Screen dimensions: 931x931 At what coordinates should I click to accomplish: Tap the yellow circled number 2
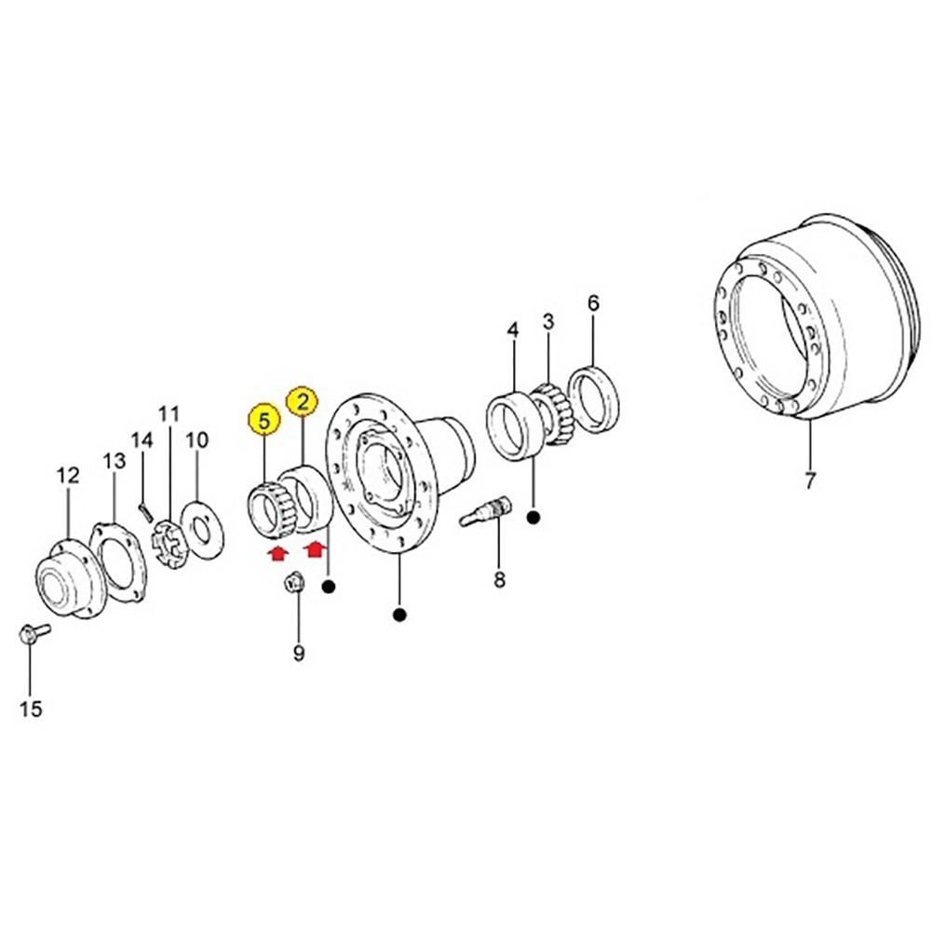(302, 402)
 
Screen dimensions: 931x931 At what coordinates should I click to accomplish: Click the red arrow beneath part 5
(277, 554)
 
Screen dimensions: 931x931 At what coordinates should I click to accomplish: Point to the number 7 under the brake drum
(809, 481)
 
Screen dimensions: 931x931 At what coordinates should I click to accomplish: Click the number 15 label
(31, 709)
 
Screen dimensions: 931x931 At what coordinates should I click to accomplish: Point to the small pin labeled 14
(144, 508)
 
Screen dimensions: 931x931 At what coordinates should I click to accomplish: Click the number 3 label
(547, 321)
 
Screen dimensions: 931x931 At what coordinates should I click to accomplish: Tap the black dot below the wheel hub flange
(400, 614)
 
